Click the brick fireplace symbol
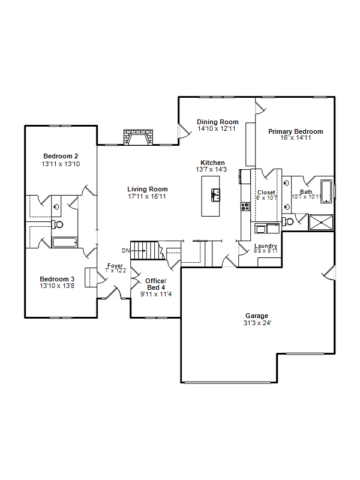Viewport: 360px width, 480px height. pyautogui.click(x=138, y=137)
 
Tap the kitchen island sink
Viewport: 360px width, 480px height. pyautogui.click(x=215, y=195)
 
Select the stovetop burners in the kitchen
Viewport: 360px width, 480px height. pyautogui.click(x=245, y=206)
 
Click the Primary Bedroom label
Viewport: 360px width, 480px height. pyautogui.click(x=296, y=131)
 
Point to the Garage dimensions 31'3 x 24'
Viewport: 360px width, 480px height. pyautogui.click(x=257, y=323)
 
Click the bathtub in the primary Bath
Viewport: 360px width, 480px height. pyautogui.click(x=326, y=191)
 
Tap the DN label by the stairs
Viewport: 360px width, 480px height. pyautogui.click(x=125, y=251)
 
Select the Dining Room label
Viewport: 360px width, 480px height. pyautogui.click(x=218, y=122)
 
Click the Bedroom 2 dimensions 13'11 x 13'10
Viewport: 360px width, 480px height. pyautogui.click(x=61, y=164)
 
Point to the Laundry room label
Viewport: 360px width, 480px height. pyautogui.click(x=266, y=245)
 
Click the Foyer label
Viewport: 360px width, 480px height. pyautogui.click(x=115, y=265)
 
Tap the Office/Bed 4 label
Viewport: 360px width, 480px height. pyautogui.click(x=156, y=284)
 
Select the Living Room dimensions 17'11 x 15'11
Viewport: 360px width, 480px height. pyautogui.click(x=147, y=196)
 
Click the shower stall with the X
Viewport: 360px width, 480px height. pyautogui.click(x=321, y=222)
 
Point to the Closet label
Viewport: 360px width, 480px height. pyautogui.click(x=266, y=192)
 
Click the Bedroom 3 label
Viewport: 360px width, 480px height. pyautogui.click(x=57, y=279)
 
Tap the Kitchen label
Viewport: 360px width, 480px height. pyautogui.click(x=212, y=163)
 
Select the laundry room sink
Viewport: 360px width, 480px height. pyautogui.click(x=261, y=229)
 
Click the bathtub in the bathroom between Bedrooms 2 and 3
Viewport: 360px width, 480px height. pyautogui.click(x=65, y=242)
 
